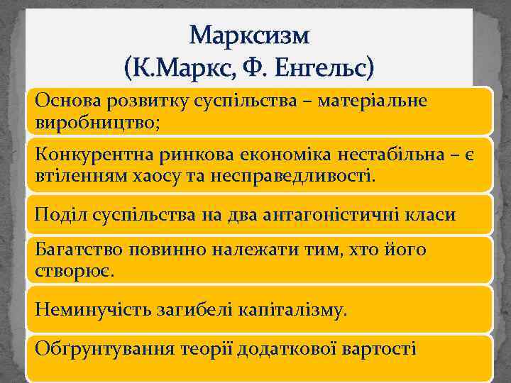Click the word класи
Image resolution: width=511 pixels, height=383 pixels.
click(x=432, y=213)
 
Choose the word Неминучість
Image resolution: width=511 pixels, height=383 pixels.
click(x=92, y=310)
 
